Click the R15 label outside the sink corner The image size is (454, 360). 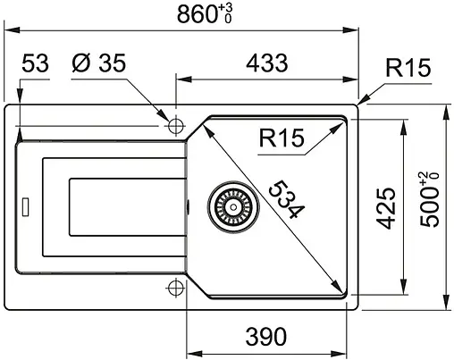click(408, 68)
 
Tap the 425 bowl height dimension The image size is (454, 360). click(385, 208)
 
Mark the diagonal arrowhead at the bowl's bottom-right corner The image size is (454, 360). click(341, 291)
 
